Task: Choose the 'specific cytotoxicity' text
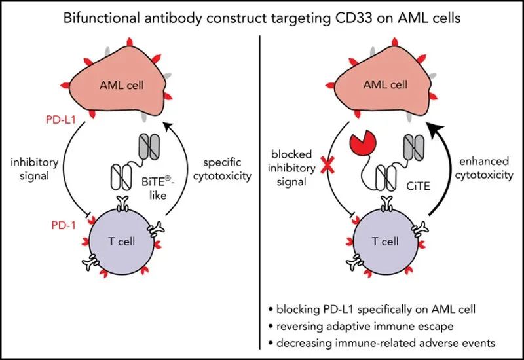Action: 225,170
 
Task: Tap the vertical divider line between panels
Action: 261,196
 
